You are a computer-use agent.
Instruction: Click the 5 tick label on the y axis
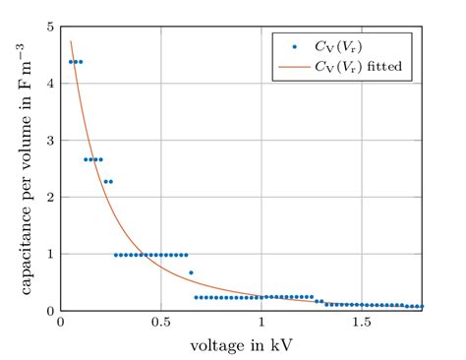click(50, 27)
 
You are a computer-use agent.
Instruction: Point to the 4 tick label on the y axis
click(50, 84)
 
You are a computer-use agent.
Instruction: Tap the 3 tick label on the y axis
click(50, 141)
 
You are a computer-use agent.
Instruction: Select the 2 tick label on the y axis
click(50, 197)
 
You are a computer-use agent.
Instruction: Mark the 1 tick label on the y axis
click(50, 254)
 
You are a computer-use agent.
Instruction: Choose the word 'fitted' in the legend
click(388, 65)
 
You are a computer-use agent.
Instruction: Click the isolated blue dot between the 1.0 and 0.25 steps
click(191, 272)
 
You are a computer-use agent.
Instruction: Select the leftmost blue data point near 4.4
click(70, 62)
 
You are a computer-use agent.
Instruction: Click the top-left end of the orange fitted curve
click(71, 41)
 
